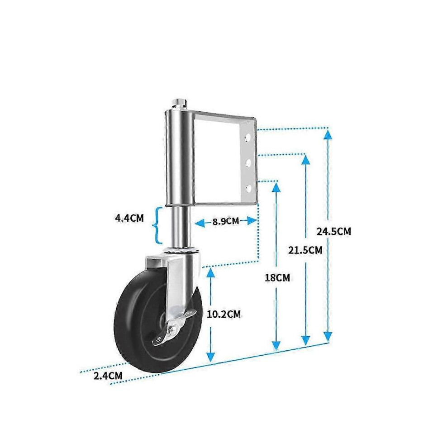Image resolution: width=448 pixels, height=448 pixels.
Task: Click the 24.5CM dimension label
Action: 334,231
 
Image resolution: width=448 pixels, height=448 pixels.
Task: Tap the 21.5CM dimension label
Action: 305,250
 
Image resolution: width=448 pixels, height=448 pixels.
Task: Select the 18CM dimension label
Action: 277,277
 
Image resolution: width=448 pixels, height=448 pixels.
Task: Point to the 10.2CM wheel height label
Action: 224,315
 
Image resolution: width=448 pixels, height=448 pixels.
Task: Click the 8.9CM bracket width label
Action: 225,221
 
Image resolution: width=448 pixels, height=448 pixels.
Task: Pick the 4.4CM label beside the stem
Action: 129,218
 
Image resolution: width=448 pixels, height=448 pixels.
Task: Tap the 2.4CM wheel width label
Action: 108,376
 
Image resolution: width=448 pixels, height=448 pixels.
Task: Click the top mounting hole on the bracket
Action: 248,138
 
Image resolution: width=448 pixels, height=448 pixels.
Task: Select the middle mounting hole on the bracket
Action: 248,163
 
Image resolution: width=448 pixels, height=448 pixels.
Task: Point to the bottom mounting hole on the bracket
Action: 248,188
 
